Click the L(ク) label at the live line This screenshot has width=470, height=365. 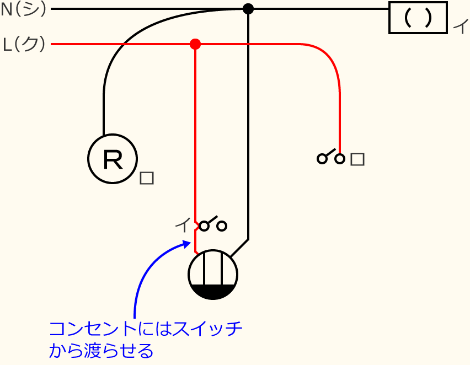(24, 44)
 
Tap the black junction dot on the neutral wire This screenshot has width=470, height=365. (248, 9)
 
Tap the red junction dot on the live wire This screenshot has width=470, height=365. (195, 44)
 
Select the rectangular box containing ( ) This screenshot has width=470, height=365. (418, 18)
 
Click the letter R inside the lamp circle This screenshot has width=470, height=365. (113, 159)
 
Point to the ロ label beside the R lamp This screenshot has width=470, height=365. (146, 178)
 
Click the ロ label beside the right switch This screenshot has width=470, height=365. (357, 159)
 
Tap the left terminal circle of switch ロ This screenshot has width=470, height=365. (322, 159)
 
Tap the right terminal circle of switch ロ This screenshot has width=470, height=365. (340, 159)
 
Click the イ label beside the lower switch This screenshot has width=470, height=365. (181, 225)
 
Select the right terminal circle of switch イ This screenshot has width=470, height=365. (222, 226)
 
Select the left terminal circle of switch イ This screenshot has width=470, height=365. (204, 226)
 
